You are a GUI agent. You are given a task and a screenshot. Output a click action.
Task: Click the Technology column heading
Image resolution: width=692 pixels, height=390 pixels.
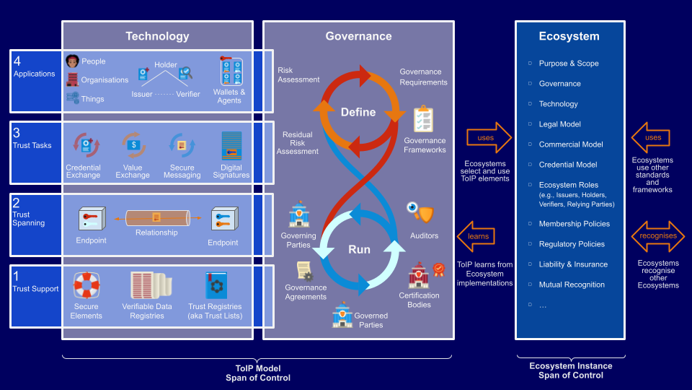(157, 36)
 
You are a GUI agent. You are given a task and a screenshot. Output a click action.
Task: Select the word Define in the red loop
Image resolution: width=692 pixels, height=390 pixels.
(358, 113)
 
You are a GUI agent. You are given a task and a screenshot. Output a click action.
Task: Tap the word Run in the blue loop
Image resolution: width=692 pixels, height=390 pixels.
(359, 249)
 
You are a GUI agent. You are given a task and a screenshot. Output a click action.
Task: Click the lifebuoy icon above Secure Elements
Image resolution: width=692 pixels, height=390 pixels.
(86, 286)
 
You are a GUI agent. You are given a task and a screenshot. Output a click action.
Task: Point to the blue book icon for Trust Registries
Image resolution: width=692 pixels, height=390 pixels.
(216, 285)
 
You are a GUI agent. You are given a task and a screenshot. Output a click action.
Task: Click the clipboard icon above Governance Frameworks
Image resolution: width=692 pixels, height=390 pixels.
(423, 118)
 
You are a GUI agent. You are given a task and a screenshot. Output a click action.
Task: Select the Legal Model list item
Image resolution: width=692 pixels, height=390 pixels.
(559, 124)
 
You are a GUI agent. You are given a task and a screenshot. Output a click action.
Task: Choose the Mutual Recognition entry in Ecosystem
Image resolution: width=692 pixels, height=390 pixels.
(572, 285)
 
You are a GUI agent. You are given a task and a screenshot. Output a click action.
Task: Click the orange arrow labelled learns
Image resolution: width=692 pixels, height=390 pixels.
(476, 237)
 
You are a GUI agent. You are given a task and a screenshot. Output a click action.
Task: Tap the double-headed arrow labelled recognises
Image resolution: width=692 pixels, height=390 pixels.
(658, 236)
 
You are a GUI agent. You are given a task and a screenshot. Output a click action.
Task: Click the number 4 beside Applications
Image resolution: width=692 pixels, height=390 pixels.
(17, 61)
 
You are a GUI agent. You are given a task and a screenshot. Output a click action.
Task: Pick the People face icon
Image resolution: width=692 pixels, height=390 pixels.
(72, 61)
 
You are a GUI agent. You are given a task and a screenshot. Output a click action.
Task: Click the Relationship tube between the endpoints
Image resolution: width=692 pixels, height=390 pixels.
(158, 218)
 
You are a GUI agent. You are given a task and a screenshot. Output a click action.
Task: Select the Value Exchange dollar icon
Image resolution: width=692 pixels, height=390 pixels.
(134, 145)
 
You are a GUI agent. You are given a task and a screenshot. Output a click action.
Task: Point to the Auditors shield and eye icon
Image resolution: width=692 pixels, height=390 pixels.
(420, 212)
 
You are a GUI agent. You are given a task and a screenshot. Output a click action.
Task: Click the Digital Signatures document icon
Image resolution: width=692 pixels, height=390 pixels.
(231, 146)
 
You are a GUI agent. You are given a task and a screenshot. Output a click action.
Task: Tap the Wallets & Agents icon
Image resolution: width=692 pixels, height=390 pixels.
(231, 71)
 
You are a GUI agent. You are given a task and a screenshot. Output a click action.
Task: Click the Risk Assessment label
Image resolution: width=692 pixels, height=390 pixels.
(298, 74)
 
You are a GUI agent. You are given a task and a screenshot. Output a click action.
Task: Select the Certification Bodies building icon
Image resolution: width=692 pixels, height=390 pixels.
(419, 275)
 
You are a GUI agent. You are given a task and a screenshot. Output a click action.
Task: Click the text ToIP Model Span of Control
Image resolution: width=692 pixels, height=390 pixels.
(258, 373)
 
